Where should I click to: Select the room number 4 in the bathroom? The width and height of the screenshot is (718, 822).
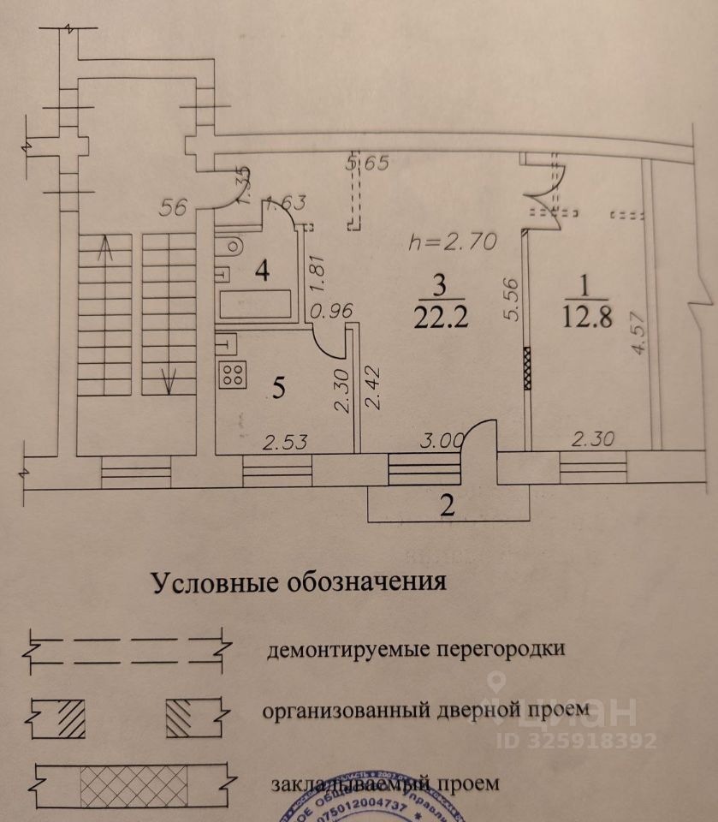pos(262,272)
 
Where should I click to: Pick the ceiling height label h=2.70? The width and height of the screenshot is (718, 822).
pos(453,242)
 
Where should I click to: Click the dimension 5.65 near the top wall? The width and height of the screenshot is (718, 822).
pos(369,164)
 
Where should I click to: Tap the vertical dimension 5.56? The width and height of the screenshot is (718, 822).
pos(510,301)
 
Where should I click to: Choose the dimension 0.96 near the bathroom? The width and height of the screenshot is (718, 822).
pos(332,313)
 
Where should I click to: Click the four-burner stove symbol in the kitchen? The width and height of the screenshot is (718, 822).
pos(234,375)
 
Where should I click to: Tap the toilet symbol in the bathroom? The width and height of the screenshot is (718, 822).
pos(228,248)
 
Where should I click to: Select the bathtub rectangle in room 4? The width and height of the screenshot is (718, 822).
pos(257,303)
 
